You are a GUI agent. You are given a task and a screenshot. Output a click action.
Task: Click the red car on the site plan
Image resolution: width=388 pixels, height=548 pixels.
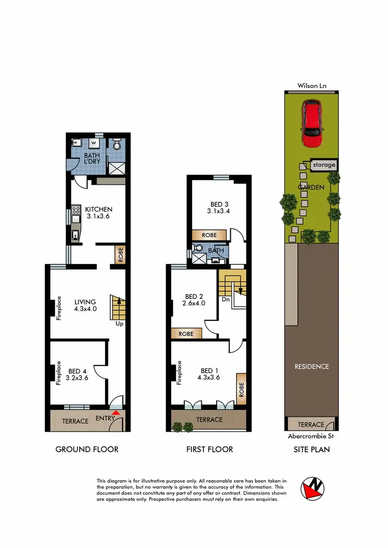(312, 124)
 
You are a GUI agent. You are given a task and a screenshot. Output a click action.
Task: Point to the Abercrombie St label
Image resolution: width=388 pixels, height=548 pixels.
(311, 436)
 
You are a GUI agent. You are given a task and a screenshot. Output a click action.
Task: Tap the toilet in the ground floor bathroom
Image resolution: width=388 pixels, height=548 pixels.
(116, 143)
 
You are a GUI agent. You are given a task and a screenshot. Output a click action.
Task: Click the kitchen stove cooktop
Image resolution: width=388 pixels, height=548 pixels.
(76, 211)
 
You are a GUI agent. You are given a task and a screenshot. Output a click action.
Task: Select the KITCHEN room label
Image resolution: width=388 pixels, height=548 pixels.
(99, 209)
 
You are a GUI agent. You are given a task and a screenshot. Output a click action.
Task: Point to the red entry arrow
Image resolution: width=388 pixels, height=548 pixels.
(116, 412)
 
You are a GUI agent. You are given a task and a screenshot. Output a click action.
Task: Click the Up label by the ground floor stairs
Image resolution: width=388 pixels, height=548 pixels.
(119, 324)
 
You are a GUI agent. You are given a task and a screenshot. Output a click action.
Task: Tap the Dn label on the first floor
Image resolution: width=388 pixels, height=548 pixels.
(225, 299)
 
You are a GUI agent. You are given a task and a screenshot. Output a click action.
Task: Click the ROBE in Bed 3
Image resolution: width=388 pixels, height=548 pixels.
(209, 235)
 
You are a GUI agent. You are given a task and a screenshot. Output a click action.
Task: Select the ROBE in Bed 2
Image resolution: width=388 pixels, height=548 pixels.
(186, 334)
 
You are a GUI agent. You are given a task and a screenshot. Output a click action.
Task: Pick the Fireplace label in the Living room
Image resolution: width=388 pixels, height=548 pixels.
(59, 308)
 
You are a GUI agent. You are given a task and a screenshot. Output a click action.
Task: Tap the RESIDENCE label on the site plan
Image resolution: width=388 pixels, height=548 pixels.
(312, 366)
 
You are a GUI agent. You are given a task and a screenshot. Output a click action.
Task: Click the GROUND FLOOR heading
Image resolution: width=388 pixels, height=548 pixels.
(87, 449)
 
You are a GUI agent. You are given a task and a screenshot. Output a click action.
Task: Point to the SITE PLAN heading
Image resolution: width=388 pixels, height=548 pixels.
(312, 449)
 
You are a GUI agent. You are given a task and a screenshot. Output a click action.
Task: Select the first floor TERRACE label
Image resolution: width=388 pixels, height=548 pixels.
(210, 420)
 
